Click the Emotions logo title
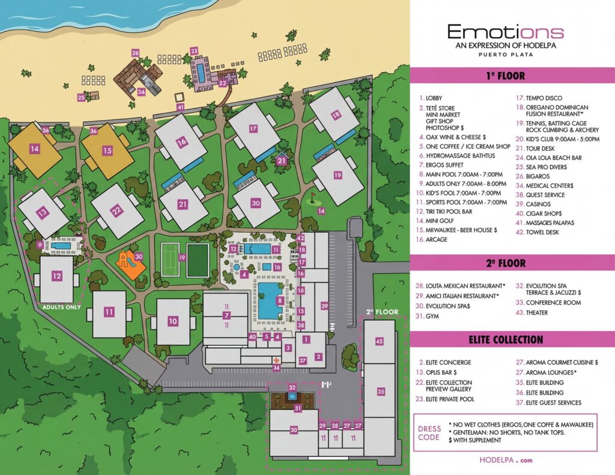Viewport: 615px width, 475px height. coord(505,32)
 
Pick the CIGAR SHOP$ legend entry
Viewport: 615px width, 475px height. coord(544,213)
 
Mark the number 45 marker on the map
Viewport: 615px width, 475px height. coord(379,341)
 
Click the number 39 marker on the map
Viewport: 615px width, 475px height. coord(324,306)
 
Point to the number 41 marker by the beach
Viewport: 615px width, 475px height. coord(180,107)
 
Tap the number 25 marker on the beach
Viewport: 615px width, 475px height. coord(81,97)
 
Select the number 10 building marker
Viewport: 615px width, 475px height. coord(173,321)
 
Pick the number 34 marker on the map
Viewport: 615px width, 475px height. coord(276,367)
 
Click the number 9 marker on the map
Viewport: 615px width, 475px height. coord(40,244)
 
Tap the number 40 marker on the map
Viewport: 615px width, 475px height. coord(252,337)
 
